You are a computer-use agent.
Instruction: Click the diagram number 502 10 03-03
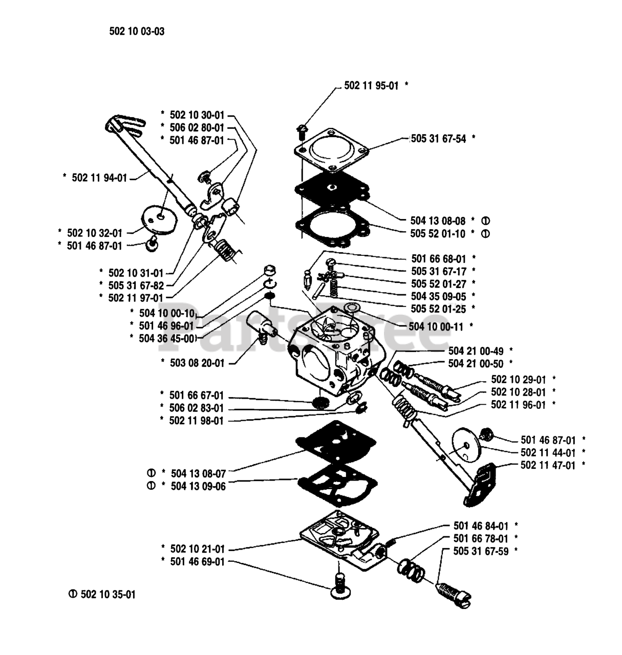pos(137,31)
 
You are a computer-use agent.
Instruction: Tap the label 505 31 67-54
pos(440,138)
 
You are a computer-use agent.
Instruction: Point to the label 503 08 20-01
pos(197,363)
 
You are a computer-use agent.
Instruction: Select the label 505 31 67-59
pos(481,551)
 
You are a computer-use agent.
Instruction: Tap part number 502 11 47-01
pos(547,465)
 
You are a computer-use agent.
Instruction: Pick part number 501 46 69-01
pos(197,561)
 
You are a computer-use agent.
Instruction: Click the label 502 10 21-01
pos(197,549)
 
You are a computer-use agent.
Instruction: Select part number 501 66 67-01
pos(197,396)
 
